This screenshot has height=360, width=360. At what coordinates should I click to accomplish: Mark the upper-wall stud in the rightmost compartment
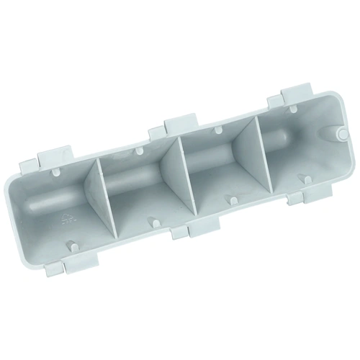pos(276,113)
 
